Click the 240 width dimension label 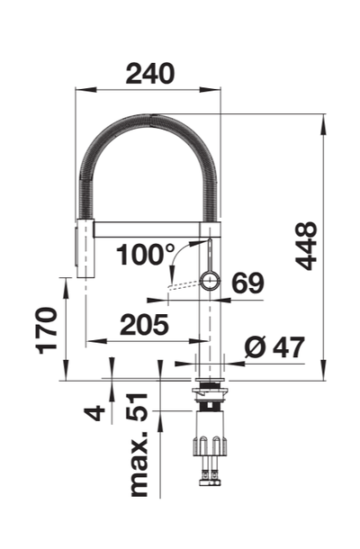tap(150, 74)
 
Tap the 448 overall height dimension tap(306, 246)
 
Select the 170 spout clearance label tap(47, 330)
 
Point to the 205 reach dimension tap(144, 325)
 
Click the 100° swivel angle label tap(145, 255)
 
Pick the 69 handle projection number tap(247, 283)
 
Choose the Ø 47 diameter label tap(274, 347)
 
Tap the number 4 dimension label tap(94, 413)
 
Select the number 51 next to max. tap(138, 407)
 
